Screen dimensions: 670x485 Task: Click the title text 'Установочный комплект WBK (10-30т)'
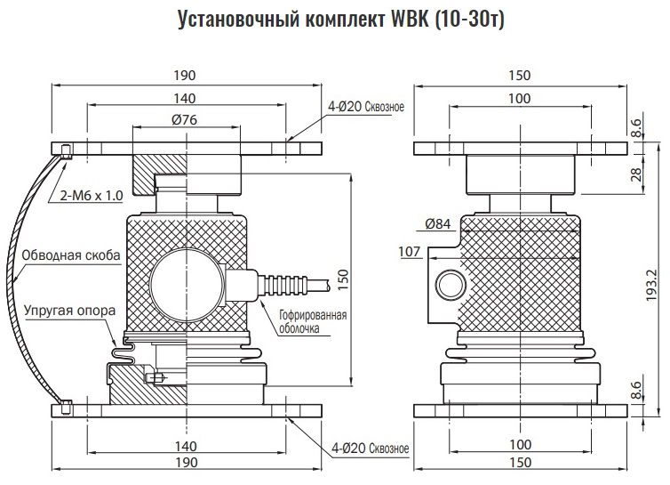pyautogui.click(x=341, y=19)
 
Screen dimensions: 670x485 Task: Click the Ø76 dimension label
pyautogui.click(x=185, y=119)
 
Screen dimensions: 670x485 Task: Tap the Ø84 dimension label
pyautogui.click(x=438, y=223)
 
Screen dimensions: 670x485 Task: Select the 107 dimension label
pyautogui.click(x=410, y=251)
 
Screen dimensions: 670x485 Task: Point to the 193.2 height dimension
pyautogui.click(x=651, y=285)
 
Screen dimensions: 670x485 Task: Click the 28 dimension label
pyautogui.click(x=636, y=174)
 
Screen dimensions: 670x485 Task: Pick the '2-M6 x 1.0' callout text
pyautogui.click(x=92, y=196)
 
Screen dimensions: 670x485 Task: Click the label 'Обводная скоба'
pyautogui.click(x=71, y=255)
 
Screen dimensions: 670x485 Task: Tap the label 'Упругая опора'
pyautogui.click(x=69, y=311)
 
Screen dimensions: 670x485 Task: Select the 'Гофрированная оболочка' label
pyautogui.click(x=313, y=322)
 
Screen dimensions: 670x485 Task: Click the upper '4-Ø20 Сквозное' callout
pyautogui.click(x=366, y=107)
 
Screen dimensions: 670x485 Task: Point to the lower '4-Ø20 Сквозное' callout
pyautogui.click(x=370, y=449)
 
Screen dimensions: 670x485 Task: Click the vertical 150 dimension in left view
pyautogui.click(x=343, y=280)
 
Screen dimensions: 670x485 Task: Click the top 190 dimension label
pyautogui.click(x=185, y=76)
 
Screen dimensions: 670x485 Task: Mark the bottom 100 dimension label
pyautogui.click(x=521, y=445)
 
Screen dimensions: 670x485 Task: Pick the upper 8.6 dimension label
pyautogui.click(x=636, y=129)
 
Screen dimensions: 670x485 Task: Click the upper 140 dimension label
pyautogui.click(x=185, y=99)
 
